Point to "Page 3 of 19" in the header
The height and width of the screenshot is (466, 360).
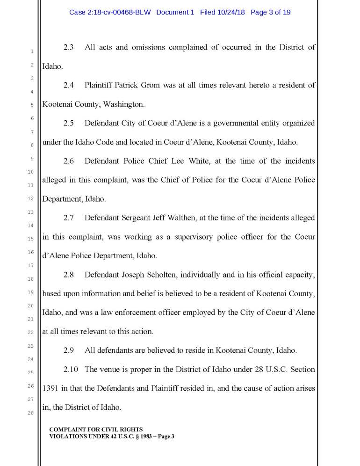(x=271, y=12)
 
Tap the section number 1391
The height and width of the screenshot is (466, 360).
(x=50, y=388)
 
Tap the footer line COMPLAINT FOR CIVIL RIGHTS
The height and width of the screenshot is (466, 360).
(x=96, y=429)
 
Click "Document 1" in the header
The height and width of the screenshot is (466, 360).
(x=175, y=12)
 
